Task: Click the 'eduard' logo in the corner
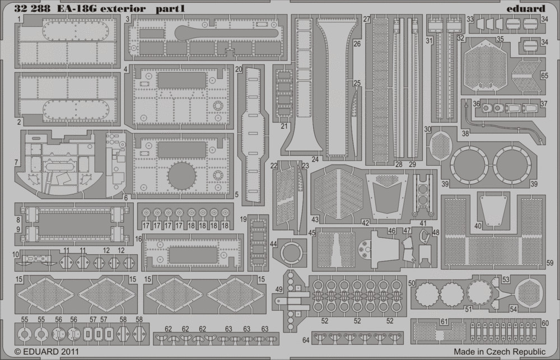pyautogui.click(x=526, y=8)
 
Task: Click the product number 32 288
pyautogui.click(x=32, y=8)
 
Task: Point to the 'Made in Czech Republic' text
pyautogui.click(x=500, y=352)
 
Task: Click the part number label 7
pyautogui.click(x=16, y=162)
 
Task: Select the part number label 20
pyautogui.click(x=239, y=69)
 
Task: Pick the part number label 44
pyautogui.click(x=273, y=244)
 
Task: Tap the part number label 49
pyautogui.click(x=278, y=289)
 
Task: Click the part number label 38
pyautogui.click(x=465, y=134)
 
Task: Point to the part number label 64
pyautogui.click(x=306, y=340)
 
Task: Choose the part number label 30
pyautogui.click(x=427, y=129)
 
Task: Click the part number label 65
pyautogui.click(x=544, y=76)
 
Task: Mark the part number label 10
pyautogui.click(x=16, y=254)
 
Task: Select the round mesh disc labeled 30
pyautogui.click(x=441, y=146)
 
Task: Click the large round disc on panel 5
pyautogui.click(x=181, y=176)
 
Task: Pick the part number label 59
pyautogui.click(x=550, y=263)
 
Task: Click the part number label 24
pyautogui.click(x=315, y=160)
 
